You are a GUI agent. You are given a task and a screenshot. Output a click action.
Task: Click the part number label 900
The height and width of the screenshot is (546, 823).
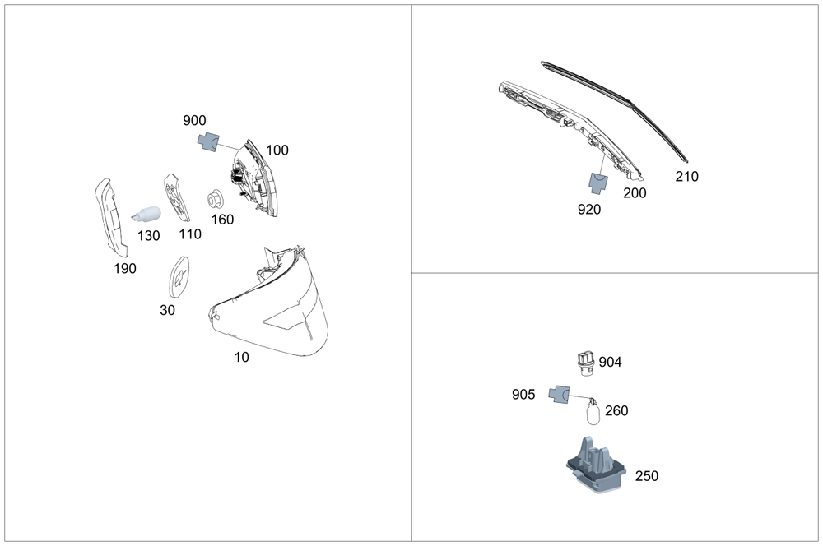pos(195,121)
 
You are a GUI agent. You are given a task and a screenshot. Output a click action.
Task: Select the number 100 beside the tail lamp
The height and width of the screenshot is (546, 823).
pos(277,150)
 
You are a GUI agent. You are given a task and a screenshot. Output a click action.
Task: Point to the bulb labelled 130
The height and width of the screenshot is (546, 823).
pos(145,216)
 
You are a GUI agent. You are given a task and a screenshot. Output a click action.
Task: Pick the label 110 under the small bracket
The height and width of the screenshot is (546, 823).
pos(190,234)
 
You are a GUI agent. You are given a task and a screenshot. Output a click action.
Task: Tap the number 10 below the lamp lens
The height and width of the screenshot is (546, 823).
pos(241,357)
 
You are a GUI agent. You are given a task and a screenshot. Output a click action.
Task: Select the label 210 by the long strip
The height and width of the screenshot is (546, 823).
pos(686,177)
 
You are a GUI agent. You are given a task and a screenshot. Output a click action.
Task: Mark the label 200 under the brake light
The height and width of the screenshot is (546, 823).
pos(635,193)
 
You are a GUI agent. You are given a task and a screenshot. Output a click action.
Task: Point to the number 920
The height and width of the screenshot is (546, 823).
pos(589,210)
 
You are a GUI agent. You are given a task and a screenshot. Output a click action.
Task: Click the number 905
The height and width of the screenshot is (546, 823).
pos(523,395)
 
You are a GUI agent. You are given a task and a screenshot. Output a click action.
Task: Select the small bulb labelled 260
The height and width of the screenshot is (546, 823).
pos(593,411)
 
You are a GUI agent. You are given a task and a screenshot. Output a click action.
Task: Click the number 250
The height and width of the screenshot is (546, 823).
pos(647,476)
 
